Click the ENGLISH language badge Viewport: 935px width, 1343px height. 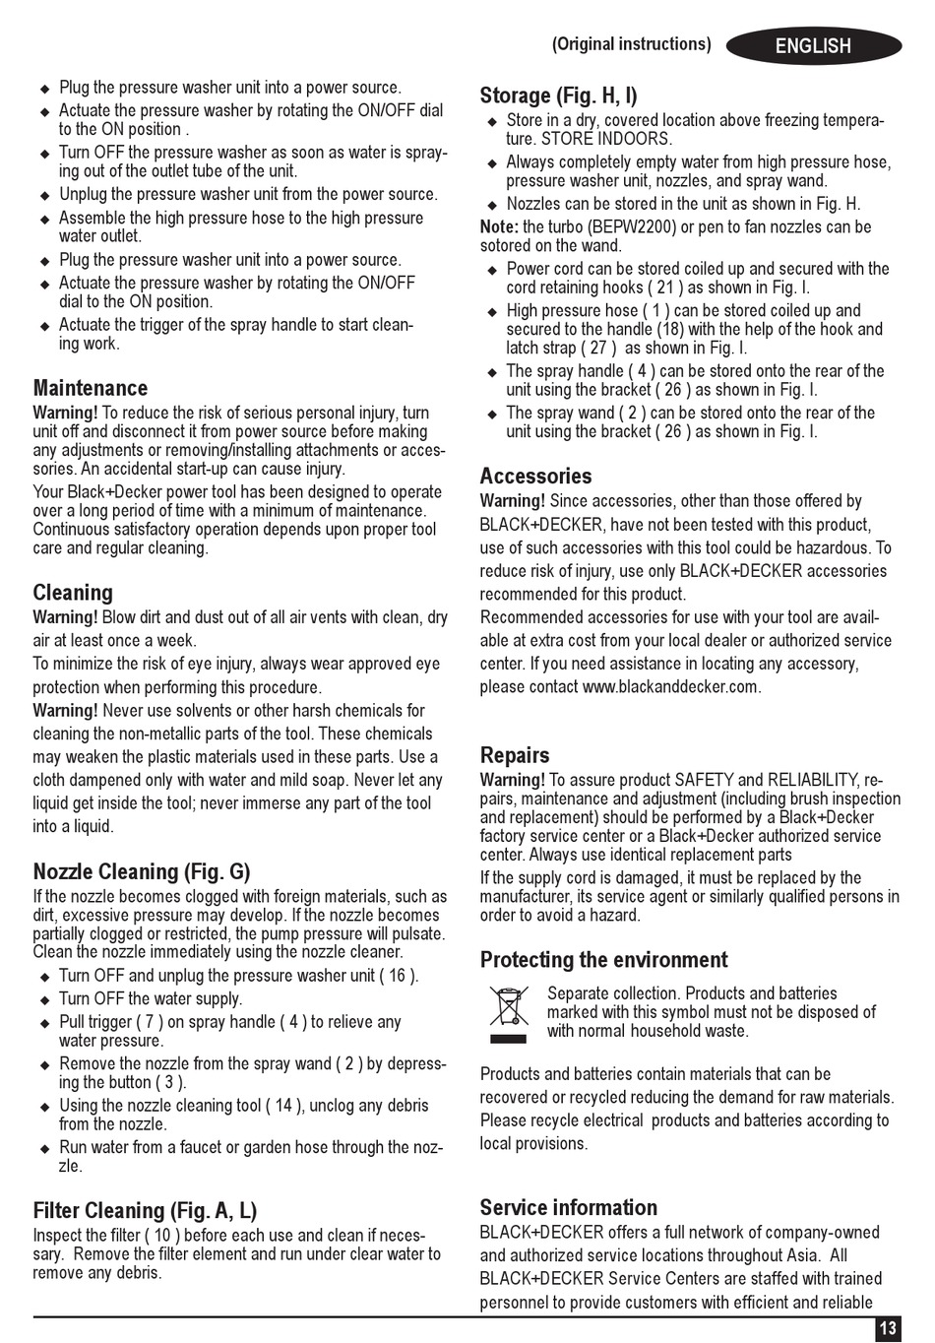coord(813,46)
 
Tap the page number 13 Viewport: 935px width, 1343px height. coord(888,1328)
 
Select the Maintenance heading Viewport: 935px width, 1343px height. coord(91,388)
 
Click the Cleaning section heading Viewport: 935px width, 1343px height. coord(73,593)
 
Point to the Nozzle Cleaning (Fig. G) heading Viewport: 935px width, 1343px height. coord(142,871)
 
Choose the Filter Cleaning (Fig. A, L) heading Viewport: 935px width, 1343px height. coord(145,1211)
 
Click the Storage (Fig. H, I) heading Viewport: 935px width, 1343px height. coord(558,96)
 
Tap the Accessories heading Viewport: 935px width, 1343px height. coord(535,477)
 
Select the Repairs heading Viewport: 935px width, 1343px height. coord(515,755)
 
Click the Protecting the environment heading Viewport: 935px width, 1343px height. coord(604,960)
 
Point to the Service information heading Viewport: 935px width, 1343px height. coord(569,1208)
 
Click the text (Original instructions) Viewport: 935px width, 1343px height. coord(631,44)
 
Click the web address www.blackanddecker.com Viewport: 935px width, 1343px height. coord(670,687)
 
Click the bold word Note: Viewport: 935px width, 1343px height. coord(499,227)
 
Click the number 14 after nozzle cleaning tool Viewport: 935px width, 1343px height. coord(283,1106)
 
